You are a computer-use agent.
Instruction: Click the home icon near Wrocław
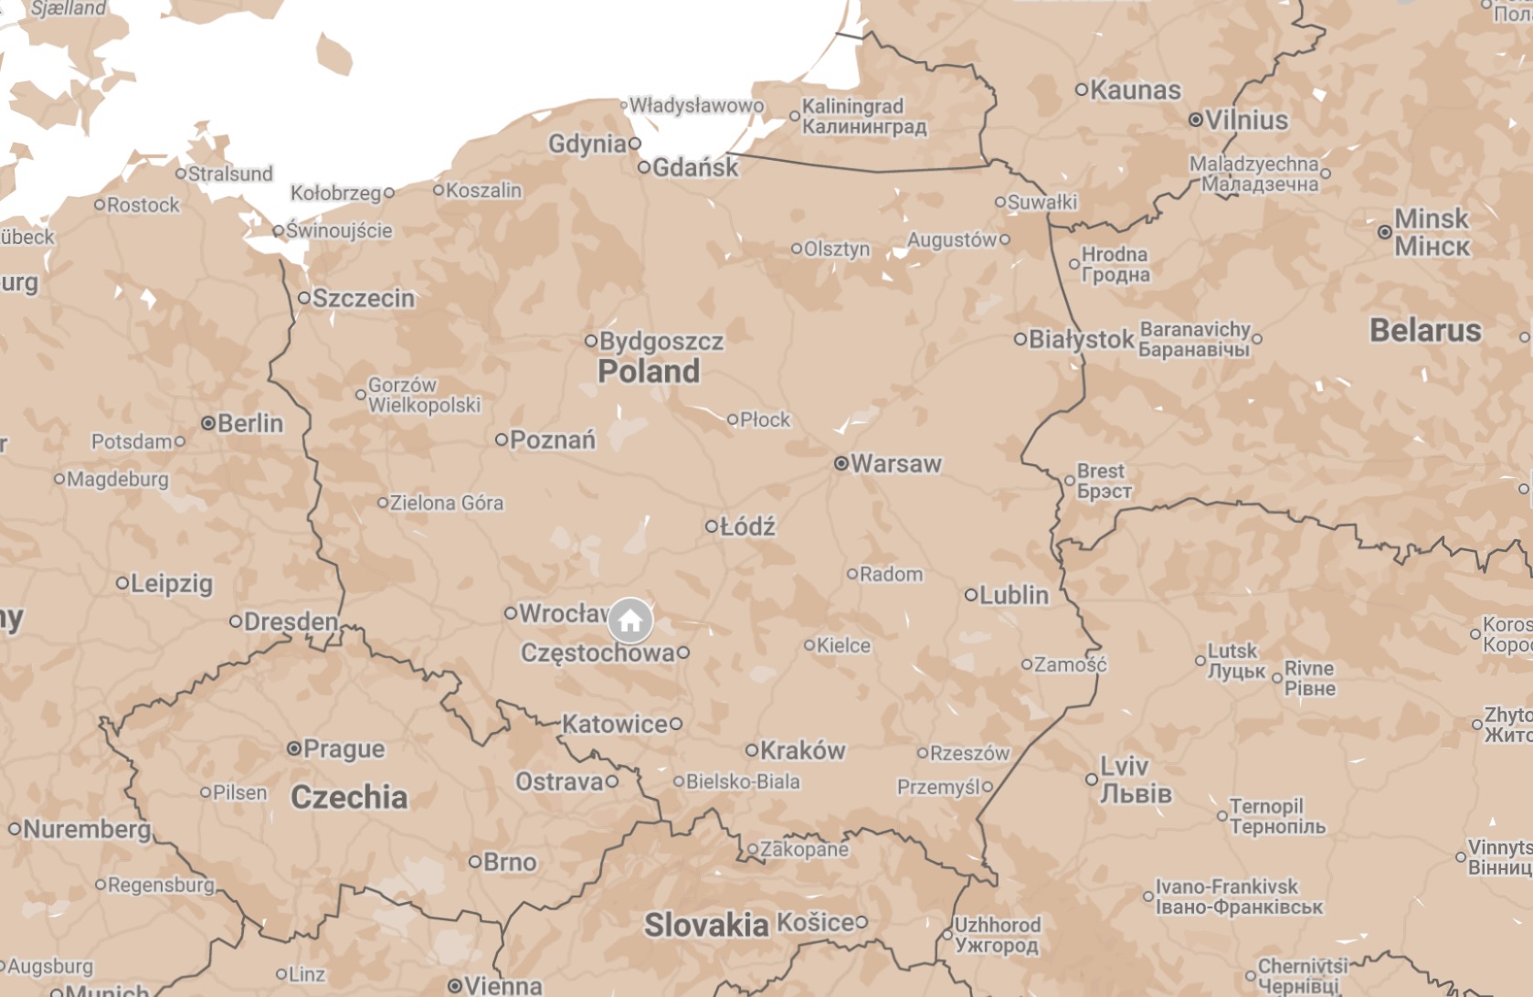(630, 621)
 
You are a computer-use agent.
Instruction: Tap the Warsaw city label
(895, 464)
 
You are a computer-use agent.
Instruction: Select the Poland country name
(649, 372)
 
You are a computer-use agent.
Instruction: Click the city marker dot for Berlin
(208, 423)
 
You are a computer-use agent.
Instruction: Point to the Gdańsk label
(696, 167)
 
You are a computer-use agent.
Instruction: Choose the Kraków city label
(802, 750)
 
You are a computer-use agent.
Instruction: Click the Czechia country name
(349, 797)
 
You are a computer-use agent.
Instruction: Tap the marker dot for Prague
(294, 748)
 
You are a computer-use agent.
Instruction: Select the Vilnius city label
(1246, 120)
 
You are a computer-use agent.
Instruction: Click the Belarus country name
(1424, 330)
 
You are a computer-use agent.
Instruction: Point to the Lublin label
(1013, 595)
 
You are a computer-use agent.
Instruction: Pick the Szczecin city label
(364, 298)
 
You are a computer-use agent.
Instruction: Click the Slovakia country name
(706, 925)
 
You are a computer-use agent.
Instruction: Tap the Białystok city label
(1081, 340)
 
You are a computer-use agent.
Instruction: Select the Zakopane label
(804, 850)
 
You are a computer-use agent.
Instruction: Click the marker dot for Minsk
(1385, 232)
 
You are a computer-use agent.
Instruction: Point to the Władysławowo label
(696, 106)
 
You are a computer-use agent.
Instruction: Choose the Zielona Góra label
(446, 503)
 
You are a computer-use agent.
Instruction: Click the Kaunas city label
(1136, 90)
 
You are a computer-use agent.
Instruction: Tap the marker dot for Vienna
(455, 986)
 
